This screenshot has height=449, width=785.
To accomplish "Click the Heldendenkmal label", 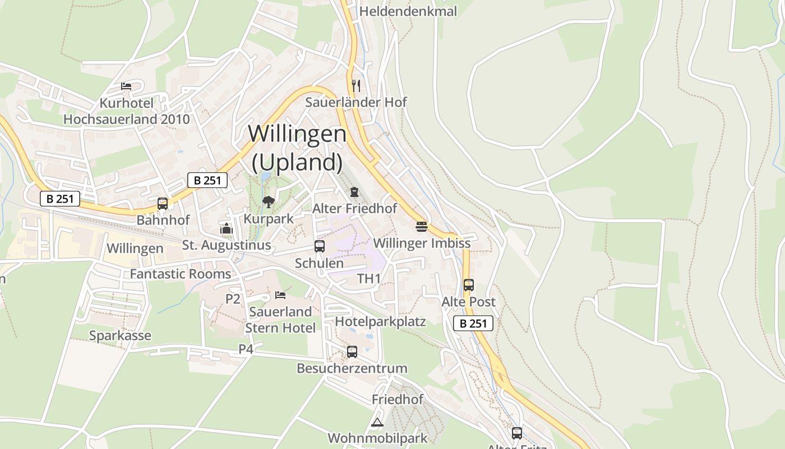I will pyautogui.click(x=408, y=11).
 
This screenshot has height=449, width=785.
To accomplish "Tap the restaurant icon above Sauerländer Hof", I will pyautogui.click(x=356, y=85).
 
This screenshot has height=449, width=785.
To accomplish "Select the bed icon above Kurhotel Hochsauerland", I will pyautogui.click(x=126, y=86).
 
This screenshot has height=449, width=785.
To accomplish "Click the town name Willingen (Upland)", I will pyautogui.click(x=297, y=148).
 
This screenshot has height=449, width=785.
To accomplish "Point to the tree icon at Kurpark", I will pyautogui.click(x=269, y=201).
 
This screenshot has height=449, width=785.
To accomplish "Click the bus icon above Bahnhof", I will pyautogui.click(x=163, y=203).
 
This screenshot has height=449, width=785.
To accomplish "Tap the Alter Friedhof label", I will pyautogui.click(x=354, y=208).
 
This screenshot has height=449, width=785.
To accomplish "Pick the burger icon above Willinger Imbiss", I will pyautogui.click(x=422, y=226).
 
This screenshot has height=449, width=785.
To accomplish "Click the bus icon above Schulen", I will pyautogui.click(x=320, y=246).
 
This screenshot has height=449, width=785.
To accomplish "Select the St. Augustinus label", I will pyautogui.click(x=227, y=245).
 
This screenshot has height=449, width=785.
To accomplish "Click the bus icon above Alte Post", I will pyautogui.click(x=469, y=285).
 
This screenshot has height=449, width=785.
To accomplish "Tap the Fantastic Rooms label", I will pyautogui.click(x=181, y=274).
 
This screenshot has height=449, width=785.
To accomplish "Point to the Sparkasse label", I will pyautogui.click(x=120, y=336).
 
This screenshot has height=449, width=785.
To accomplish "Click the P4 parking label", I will pyautogui.click(x=246, y=349).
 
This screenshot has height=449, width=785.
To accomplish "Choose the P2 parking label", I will pyautogui.click(x=233, y=299).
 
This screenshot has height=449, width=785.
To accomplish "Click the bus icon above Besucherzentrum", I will pyautogui.click(x=352, y=351).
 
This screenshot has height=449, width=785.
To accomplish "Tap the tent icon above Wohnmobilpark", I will pyautogui.click(x=377, y=422).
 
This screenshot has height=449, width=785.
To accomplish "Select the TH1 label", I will pyautogui.click(x=369, y=279).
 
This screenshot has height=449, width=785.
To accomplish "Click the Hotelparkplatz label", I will pyautogui.click(x=380, y=322).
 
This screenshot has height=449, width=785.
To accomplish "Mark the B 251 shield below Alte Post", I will pyautogui.click(x=473, y=323).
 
